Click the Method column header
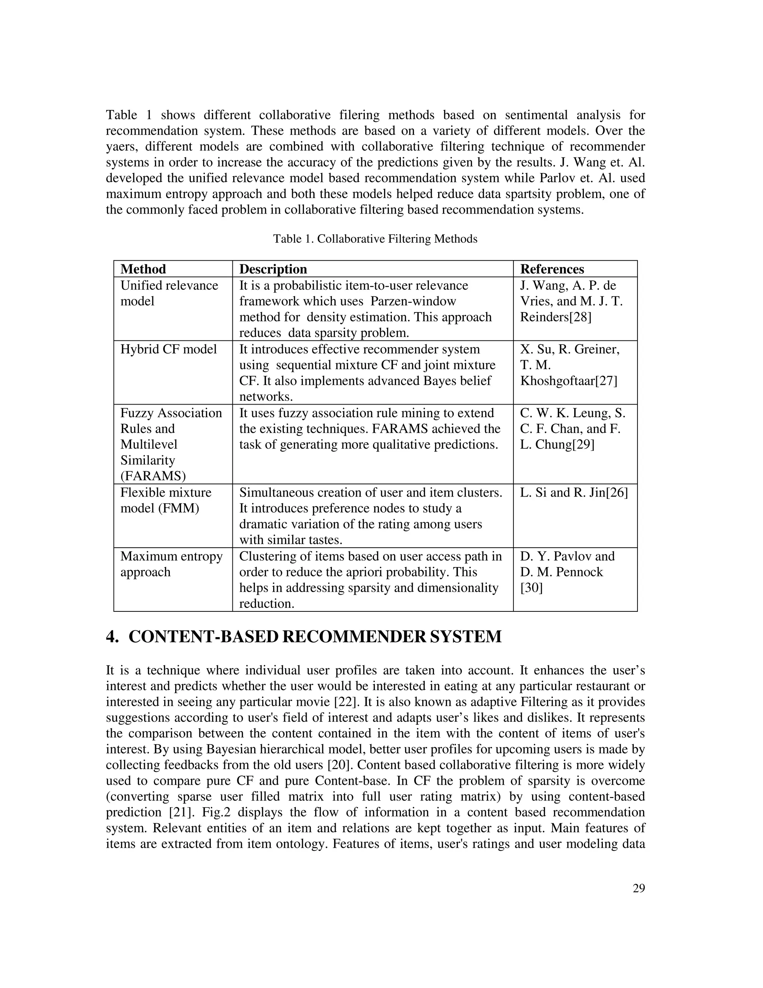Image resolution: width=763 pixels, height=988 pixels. coord(143,269)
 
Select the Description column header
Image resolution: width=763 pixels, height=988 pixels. coord(273,269)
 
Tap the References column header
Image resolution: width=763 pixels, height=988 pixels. coord(552,269)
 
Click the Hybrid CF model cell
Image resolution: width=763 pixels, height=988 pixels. coord(169,349)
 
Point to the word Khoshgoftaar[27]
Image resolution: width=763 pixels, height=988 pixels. coord(569,381)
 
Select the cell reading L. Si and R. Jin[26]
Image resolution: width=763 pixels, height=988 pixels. coord(574,493)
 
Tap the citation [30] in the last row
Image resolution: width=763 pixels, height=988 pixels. coord(532,588)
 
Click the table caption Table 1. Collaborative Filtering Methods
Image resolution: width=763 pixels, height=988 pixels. coord(375,239)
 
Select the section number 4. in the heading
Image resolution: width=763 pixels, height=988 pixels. coord(113,636)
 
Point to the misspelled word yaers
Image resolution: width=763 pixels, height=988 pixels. coord(120,147)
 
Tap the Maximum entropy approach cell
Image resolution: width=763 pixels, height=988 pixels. coord(171,564)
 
